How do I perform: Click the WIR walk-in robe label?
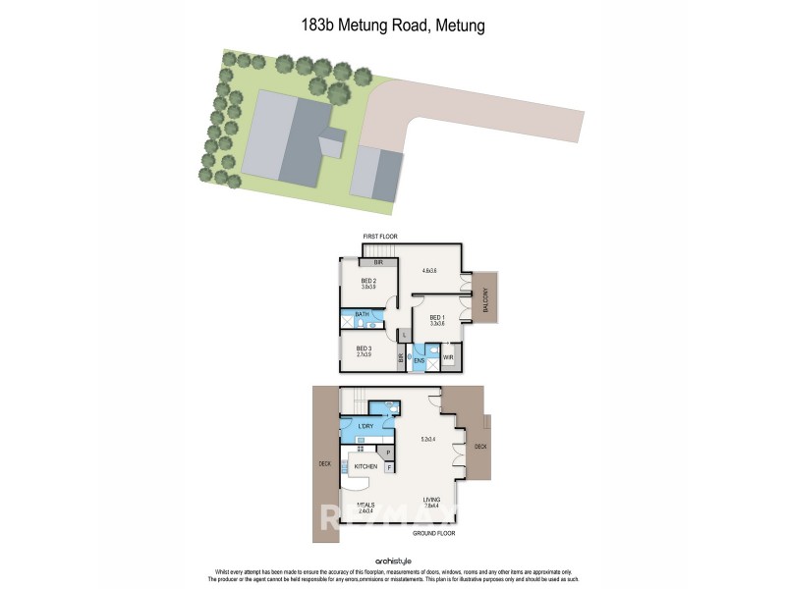pyautogui.click(x=447, y=357)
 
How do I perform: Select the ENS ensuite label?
pyautogui.click(x=419, y=360)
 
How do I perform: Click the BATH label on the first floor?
pyautogui.click(x=362, y=314)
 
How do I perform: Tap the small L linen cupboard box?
pyautogui.click(x=404, y=336)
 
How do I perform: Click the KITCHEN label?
pyautogui.click(x=365, y=466)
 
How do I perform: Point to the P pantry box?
pyautogui.click(x=389, y=453)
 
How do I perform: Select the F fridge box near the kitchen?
pyautogui.click(x=389, y=468)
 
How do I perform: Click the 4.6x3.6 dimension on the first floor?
pyautogui.click(x=428, y=270)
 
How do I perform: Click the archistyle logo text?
pyautogui.click(x=392, y=563)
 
